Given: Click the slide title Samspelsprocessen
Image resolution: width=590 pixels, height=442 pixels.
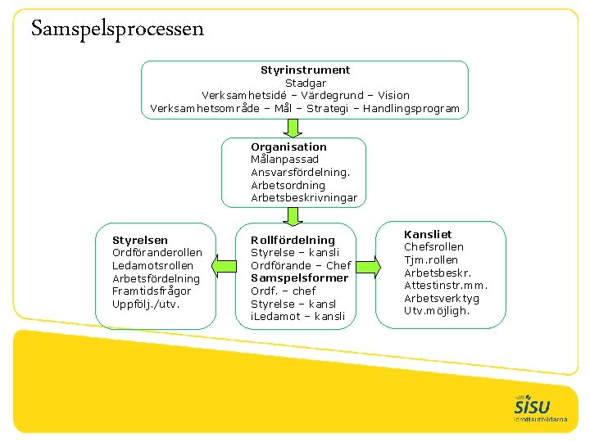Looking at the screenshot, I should point(117,29).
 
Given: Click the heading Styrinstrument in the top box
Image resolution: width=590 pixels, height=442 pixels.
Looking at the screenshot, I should point(305,70).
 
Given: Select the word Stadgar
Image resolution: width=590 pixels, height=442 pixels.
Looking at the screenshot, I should point(305,83).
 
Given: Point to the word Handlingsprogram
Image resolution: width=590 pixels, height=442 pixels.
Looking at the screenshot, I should point(411,108).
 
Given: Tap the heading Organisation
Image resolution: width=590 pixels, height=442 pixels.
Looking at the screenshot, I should point(288,147).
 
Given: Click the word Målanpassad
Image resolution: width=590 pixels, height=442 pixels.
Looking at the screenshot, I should point(284,159).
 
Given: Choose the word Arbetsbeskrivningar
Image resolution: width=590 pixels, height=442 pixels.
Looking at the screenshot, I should point(303,197).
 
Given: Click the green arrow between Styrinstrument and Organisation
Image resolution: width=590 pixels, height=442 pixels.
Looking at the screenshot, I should point(292,127).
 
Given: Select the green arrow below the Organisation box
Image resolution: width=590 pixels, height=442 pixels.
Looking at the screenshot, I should point(292,215).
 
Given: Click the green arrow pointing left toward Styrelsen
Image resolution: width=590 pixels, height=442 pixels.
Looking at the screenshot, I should point(221,265).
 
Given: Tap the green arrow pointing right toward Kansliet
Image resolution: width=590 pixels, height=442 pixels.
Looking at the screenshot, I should point(369,265).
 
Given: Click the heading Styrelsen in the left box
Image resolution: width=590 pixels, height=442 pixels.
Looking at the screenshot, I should point(139,240).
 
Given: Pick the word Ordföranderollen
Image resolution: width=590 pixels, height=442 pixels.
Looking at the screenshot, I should point(157,252).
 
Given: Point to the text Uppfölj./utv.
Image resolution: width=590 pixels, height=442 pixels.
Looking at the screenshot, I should point(145,304).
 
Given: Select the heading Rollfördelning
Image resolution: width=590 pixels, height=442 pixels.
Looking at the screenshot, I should point(293,240).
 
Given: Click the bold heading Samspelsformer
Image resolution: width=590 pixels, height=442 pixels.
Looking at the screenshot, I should point(299,277).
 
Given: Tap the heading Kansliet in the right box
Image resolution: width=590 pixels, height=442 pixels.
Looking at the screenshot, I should point(428,234).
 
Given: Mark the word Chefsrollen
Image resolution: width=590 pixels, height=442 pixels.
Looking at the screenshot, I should point(433,246).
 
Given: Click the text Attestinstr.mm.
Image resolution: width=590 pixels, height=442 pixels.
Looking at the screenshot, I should point(446,285).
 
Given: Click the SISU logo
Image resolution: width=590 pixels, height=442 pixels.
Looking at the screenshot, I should point(533,407).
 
